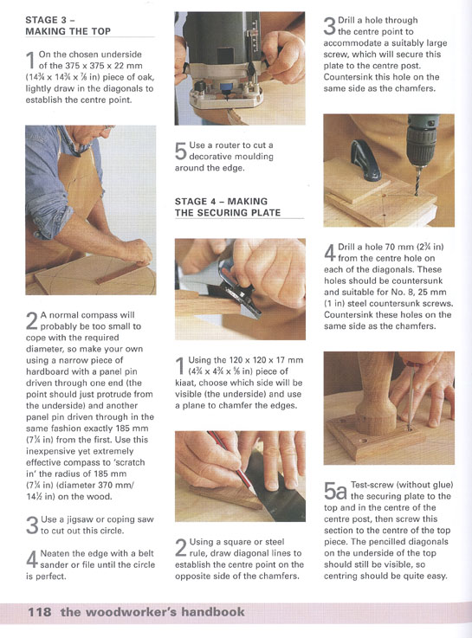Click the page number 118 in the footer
click(40, 611)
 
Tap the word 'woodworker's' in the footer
click(133, 611)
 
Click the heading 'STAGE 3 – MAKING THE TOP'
click(68, 25)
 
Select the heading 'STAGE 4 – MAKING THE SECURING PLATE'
click(228, 207)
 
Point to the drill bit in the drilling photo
click(417, 181)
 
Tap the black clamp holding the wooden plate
click(364, 161)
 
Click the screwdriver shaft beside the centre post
click(411, 398)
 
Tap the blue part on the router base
click(224, 87)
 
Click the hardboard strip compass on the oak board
click(121, 272)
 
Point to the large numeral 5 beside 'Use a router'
click(181, 151)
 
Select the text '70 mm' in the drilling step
click(398, 247)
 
